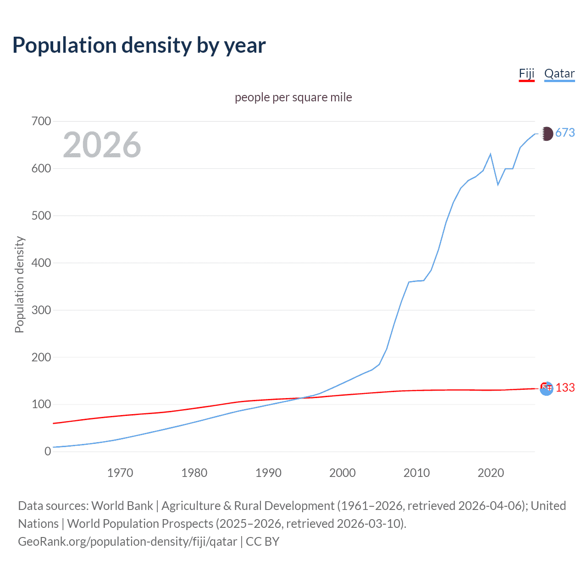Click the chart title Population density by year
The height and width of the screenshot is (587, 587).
point(139,45)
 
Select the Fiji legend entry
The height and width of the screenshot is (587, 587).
point(526,73)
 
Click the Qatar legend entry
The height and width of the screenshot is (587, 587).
point(559,73)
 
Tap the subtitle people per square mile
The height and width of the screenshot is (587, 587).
point(293,97)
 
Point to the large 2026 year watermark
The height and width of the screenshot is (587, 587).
point(102,145)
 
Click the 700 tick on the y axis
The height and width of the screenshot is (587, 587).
point(41,122)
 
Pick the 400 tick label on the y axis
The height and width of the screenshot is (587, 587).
point(41,263)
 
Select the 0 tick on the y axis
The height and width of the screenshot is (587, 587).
point(48,452)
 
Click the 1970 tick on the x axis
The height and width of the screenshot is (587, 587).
point(120,473)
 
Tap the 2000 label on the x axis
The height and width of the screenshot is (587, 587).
point(342,473)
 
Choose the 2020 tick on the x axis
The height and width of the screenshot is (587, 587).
point(491,473)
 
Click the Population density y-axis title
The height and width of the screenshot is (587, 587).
point(19,284)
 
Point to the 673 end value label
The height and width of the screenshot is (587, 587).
point(565,133)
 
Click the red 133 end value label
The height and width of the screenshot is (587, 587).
point(565,388)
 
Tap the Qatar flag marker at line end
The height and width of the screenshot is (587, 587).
point(546,134)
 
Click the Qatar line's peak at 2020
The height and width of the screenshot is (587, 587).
point(491,154)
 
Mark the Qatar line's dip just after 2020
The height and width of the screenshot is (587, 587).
point(498,185)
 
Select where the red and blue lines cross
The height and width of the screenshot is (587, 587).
point(300,398)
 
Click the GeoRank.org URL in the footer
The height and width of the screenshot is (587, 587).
point(127,542)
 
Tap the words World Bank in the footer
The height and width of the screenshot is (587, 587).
point(122,506)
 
